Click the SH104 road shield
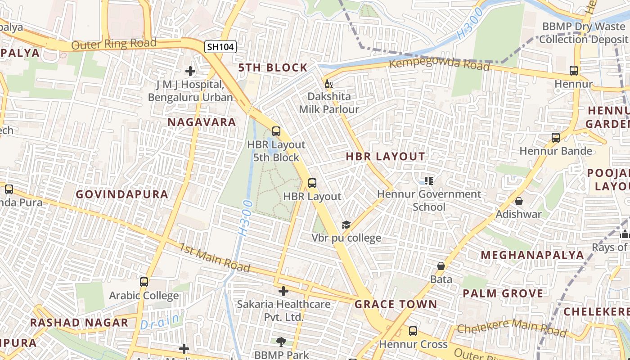[220, 46]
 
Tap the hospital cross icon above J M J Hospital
[190, 71]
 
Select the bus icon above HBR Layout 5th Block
[276, 131]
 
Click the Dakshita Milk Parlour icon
[329, 84]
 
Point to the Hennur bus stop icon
[573, 71]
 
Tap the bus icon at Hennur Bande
[556, 138]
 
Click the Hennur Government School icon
[429, 181]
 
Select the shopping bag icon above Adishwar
[519, 201]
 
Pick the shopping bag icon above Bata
[441, 266]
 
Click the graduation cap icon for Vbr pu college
[346, 225]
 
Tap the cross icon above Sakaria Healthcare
[283, 291]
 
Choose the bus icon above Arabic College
[144, 282]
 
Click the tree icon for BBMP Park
[281, 342]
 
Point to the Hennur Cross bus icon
[413, 331]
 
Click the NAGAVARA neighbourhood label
[202, 122]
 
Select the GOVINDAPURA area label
[122, 194]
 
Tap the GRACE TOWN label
[396, 304]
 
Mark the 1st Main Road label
[215, 258]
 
